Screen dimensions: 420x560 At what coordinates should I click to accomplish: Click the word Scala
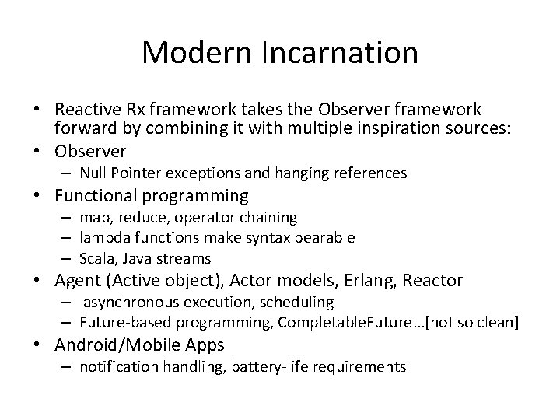point(98,257)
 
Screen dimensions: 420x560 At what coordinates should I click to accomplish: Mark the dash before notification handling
point(69,366)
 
